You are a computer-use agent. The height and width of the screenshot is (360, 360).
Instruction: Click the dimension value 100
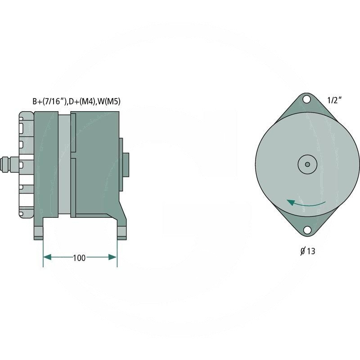coord(79,258)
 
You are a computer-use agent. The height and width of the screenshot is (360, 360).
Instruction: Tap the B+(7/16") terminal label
coord(49,101)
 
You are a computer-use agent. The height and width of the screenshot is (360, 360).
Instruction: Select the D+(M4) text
coord(82,101)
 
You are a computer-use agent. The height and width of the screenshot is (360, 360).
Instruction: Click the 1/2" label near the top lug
coord(334,100)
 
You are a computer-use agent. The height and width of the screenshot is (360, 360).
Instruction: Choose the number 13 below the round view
coord(311,251)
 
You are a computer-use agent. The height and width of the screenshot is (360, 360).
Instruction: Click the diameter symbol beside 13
coord(303,252)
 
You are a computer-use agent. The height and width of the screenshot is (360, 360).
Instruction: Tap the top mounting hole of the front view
coord(306,99)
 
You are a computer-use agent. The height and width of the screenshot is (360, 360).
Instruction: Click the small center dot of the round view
coord(308,164)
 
